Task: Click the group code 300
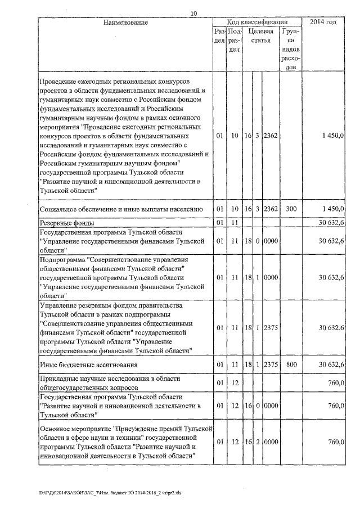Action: [x=290, y=209]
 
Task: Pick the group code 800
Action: [x=290, y=365]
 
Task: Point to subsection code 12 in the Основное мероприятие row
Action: [x=235, y=442]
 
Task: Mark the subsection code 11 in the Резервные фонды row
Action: [x=235, y=223]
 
